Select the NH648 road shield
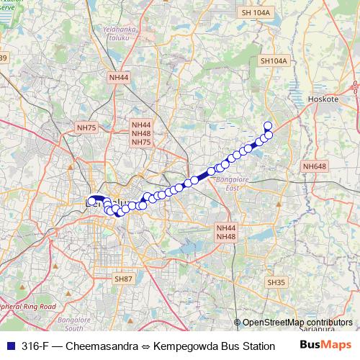click(314, 166)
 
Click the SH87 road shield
click(123, 277)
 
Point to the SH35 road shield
click(276, 282)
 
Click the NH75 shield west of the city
click(86, 127)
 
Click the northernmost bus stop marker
click(268, 125)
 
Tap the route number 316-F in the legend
click(35, 346)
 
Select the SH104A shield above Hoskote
click(274, 62)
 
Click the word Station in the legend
click(256, 346)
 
